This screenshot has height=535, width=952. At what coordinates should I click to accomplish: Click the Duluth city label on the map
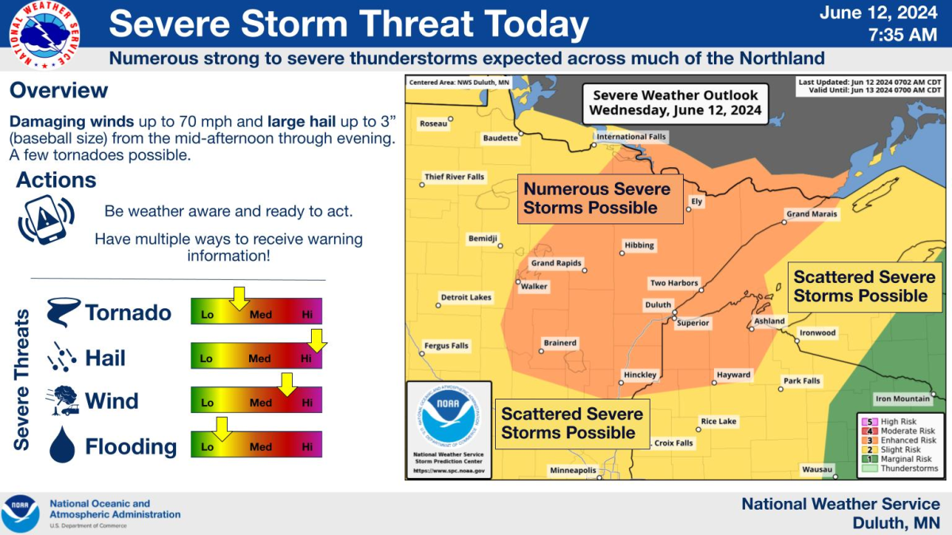[x=658, y=305]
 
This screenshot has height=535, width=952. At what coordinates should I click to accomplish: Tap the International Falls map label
[x=632, y=137]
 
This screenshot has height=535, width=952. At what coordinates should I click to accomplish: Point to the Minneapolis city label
[x=573, y=471]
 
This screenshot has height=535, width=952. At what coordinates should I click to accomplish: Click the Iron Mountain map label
[x=901, y=399]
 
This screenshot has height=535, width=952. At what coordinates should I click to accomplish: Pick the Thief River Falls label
[x=455, y=177]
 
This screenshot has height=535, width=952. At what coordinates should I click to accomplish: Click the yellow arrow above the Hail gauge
[x=317, y=341]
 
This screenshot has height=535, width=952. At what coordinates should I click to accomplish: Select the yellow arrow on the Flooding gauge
[x=221, y=429]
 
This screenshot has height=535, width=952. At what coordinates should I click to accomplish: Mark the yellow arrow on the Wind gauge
[x=286, y=384]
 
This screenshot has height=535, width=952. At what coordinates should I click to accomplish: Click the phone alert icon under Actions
[x=45, y=218]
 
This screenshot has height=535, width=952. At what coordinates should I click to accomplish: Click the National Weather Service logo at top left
[x=44, y=34]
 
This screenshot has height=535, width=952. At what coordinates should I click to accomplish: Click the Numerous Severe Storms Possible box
[x=601, y=198]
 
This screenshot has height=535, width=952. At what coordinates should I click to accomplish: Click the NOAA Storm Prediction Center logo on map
[x=449, y=428]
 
